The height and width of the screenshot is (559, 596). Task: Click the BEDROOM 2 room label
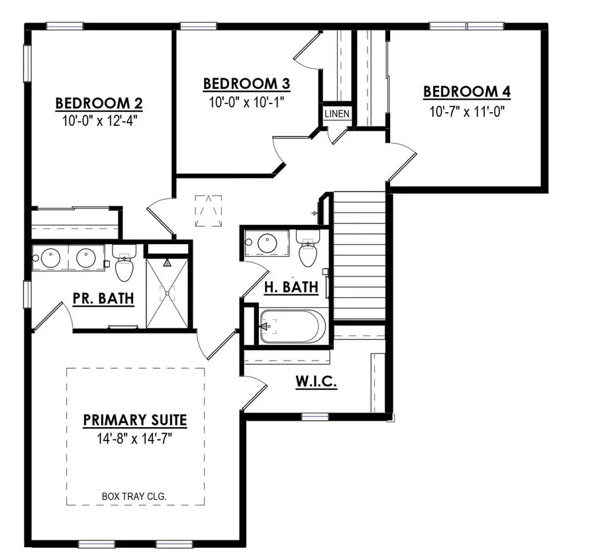[x=99, y=103]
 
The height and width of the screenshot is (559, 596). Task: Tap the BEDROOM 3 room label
[x=246, y=84]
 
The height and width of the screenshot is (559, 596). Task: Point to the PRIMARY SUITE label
[x=135, y=420]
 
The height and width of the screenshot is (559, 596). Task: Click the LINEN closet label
[x=336, y=114]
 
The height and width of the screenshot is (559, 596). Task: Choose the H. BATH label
[x=291, y=287]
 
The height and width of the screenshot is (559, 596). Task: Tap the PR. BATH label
[x=103, y=298]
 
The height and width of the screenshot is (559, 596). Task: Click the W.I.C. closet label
[x=317, y=383]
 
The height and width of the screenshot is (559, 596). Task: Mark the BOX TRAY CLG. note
[x=134, y=495]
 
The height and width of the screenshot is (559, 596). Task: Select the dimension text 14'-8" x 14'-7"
[x=135, y=438]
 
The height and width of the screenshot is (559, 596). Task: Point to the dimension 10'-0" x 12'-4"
[x=99, y=121]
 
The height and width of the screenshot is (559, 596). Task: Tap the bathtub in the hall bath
[x=291, y=326]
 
